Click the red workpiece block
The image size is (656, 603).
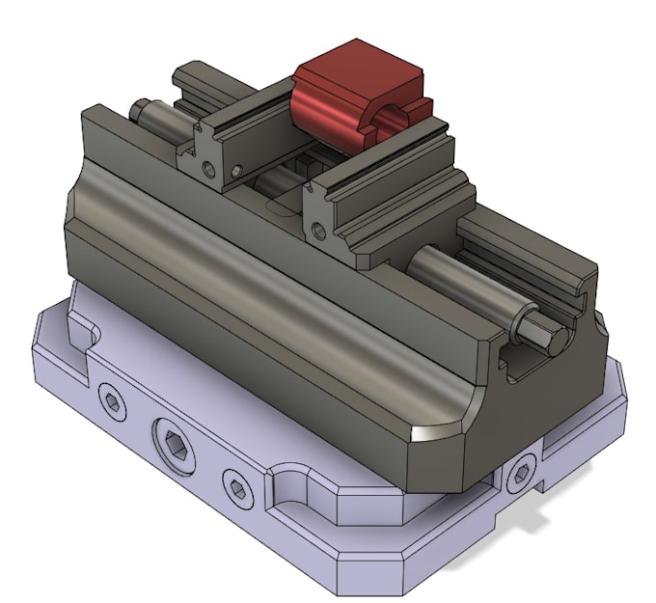[x=333, y=111]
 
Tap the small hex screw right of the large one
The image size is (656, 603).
[x=236, y=482]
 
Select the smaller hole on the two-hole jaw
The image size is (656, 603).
[x=235, y=172]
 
